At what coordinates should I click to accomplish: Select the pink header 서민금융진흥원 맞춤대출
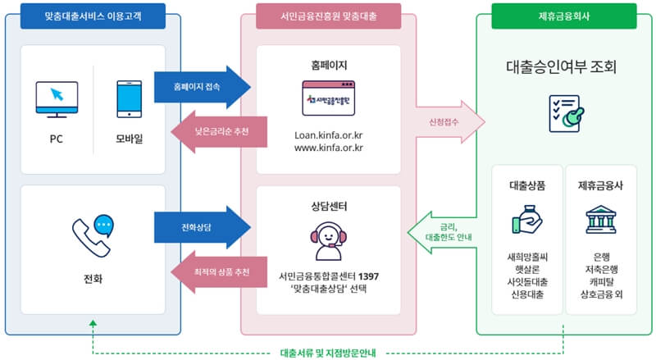tap(328, 16)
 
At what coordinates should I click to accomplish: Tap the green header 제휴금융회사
tap(564, 16)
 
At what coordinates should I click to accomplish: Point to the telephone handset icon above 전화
tap(92, 236)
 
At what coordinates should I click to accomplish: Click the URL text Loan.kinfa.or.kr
tap(328, 134)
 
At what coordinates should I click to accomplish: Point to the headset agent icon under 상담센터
tap(328, 229)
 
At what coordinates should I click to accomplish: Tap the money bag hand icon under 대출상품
tap(527, 220)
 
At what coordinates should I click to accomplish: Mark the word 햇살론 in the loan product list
tap(527, 268)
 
